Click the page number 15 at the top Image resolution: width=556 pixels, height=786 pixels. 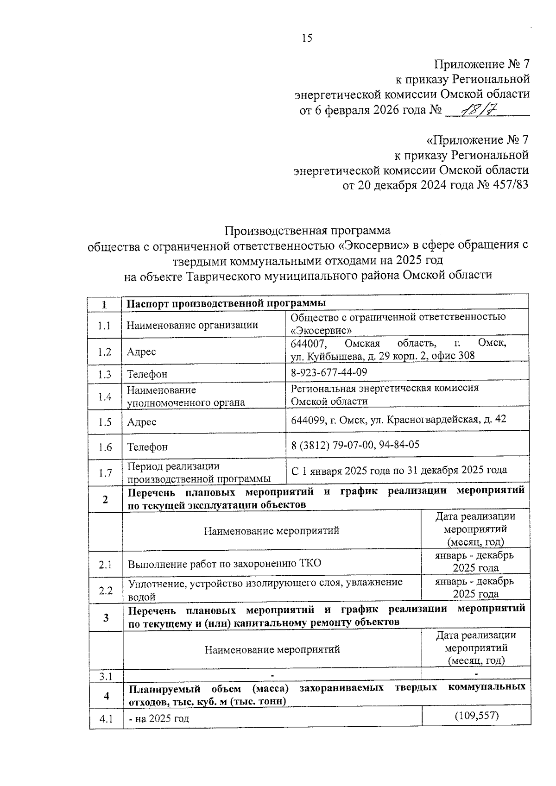click(x=307, y=38)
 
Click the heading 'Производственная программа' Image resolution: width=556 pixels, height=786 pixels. click(x=307, y=230)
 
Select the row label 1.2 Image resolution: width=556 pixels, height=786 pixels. click(x=105, y=352)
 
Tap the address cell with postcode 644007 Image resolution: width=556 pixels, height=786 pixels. click(x=398, y=350)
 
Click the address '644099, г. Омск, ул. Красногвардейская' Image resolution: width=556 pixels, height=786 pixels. click(x=398, y=420)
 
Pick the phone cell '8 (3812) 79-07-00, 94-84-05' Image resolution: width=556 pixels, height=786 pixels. click(x=355, y=445)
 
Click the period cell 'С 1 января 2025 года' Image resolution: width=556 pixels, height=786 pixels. click(x=399, y=471)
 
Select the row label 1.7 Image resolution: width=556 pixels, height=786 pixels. click(x=105, y=473)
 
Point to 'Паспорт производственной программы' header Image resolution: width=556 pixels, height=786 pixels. click(x=227, y=303)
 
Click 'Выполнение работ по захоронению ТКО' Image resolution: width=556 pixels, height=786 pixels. click(x=225, y=564)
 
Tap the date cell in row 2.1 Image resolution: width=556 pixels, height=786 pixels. click(x=475, y=562)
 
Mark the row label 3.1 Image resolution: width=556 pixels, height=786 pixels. click(x=106, y=676)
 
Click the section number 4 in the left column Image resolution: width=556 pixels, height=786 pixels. click(x=107, y=696)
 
